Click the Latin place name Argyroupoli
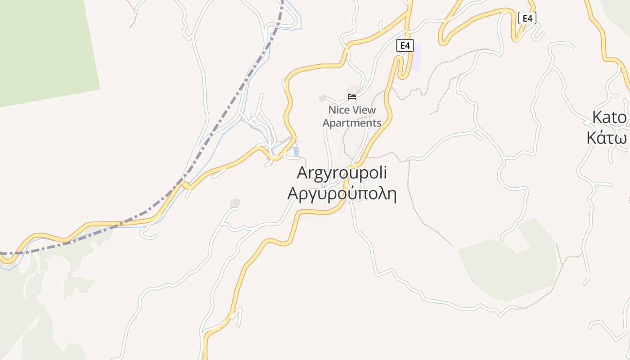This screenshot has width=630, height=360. [342, 173]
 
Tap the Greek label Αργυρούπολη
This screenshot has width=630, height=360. [342, 193]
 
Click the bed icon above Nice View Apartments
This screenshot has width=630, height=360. [352, 96]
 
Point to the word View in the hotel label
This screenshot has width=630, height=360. [364, 110]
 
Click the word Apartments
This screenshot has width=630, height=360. [352, 123]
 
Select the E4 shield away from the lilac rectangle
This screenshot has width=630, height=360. [527, 18]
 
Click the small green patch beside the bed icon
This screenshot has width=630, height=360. [322, 98]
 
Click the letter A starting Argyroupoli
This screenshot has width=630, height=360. [303, 173]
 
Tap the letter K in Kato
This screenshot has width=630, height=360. [598, 117]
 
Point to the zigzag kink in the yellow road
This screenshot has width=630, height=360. [185, 185]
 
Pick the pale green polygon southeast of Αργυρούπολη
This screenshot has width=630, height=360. [508, 265]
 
